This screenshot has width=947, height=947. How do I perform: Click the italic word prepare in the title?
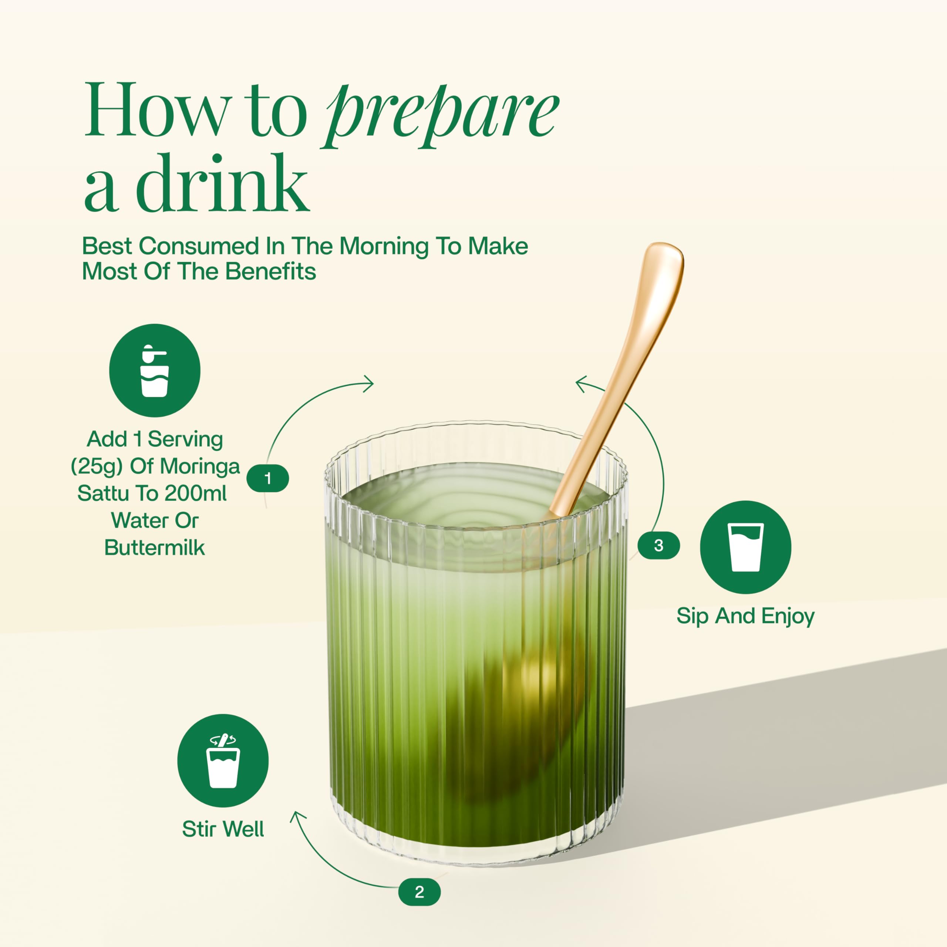point(440,116)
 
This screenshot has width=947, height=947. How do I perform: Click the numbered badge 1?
point(267,478)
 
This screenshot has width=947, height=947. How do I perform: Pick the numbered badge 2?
point(419,892)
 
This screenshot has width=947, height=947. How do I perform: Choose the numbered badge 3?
point(659,545)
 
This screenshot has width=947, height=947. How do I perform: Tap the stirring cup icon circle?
point(223,760)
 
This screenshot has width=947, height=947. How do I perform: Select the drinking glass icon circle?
point(745,547)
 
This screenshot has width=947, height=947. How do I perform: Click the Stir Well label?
point(223,829)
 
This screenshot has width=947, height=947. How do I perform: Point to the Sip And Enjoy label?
point(745,616)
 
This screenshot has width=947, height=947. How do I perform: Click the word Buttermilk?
point(154,547)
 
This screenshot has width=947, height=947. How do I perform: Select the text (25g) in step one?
point(97,466)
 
